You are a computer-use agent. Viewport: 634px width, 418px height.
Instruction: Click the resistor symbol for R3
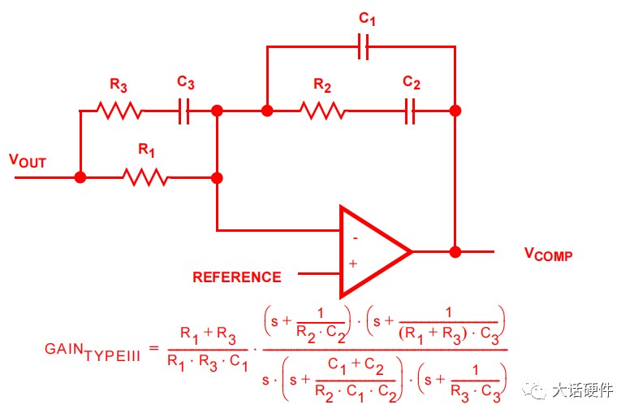pyautogui.click(x=119, y=111)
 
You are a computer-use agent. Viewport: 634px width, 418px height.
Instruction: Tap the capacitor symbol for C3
pyautogui.click(x=184, y=111)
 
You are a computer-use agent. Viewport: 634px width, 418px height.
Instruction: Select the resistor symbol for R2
pyautogui.click(x=323, y=111)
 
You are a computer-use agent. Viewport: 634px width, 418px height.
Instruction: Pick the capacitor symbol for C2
pyautogui.click(x=410, y=111)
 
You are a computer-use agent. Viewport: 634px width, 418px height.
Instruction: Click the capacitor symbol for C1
pyautogui.click(x=364, y=47)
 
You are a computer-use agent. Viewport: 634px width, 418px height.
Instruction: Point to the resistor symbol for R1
pyautogui.click(x=146, y=177)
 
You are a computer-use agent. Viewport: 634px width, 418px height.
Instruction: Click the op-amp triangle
pyautogui.click(x=375, y=251)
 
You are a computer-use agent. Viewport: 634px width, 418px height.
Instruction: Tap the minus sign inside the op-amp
pyautogui.click(x=355, y=238)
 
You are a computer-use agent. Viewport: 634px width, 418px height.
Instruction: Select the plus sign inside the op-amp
pyautogui.click(x=353, y=263)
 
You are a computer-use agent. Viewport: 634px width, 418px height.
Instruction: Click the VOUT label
pyautogui.click(x=28, y=161)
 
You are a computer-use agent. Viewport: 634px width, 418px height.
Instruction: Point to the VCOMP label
pyautogui.click(x=548, y=254)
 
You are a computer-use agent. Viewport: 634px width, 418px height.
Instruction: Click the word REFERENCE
pyautogui.click(x=237, y=277)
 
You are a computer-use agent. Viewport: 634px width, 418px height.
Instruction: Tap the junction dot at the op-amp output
pyautogui.click(x=455, y=252)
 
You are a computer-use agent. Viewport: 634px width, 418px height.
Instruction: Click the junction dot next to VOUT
pyautogui.click(x=80, y=177)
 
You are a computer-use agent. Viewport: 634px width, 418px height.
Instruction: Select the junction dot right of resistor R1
pyautogui.click(x=217, y=178)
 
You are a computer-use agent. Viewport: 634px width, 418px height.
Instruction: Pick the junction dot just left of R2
pyautogui.click(x=267, y=111)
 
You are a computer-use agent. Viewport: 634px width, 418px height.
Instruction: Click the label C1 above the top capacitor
pyautogui.click(x=367, y=19)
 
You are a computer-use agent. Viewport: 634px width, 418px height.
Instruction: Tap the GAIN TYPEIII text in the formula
pyautogui.click(x=93, y=352)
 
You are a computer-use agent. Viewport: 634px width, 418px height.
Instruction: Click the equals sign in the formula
pyautogui.click(x=154, y=347)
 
